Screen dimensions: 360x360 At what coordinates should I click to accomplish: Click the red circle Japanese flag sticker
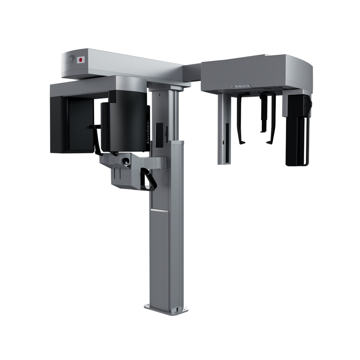[81, 60]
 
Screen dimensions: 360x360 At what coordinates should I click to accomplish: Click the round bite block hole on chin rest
[125, 161]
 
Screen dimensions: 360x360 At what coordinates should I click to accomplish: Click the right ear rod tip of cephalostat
[269, 142]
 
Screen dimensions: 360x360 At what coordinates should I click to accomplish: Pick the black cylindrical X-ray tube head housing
[125, 123]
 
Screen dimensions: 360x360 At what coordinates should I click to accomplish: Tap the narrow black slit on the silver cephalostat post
[227, 134]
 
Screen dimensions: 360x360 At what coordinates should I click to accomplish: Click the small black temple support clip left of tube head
[90, 127]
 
